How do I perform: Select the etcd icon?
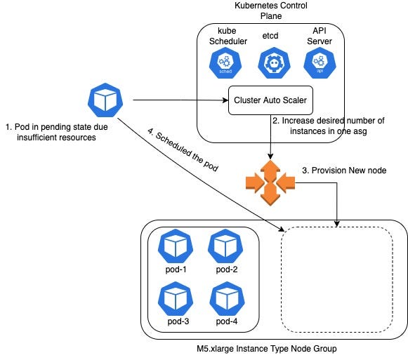[x=270, y=65]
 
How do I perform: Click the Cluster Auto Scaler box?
[x=269, y=101]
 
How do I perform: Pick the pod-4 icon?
[x=227, y=298]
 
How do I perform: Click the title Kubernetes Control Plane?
[x=270, y=11]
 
